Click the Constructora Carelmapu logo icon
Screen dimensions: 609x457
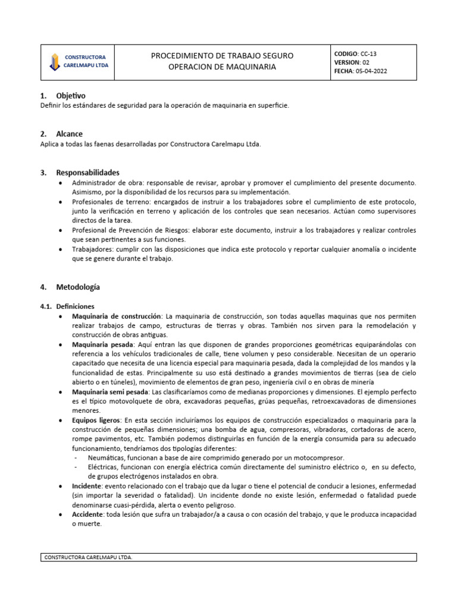tap(55, 62)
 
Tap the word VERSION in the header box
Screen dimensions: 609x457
tap(347, 62)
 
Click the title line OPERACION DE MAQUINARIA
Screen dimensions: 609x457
tap(222, 67)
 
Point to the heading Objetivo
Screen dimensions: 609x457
tap(71, 95)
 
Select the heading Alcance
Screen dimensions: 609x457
tap(69, 134)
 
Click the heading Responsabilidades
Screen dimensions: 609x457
tap(87, 172)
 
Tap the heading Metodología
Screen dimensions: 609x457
tap(78, 287)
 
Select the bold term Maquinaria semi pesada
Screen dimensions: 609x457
tap(111, 393)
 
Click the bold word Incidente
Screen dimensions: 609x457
tap(87, 486)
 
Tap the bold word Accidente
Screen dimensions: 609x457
tap(87, 513)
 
